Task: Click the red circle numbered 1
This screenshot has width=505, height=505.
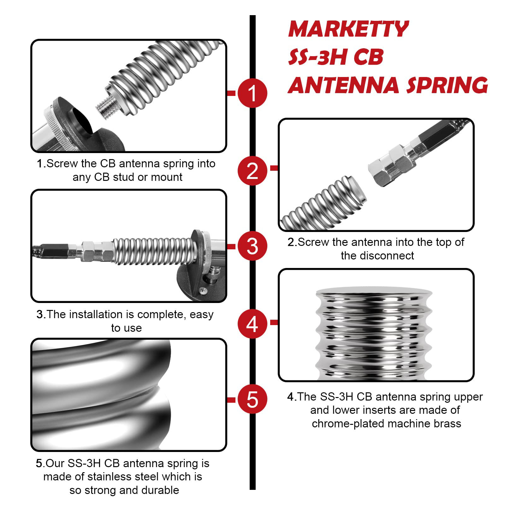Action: pos(252,93)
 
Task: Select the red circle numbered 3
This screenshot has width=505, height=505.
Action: pos(252,246)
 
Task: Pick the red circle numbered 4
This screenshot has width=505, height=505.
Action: pos(252,324)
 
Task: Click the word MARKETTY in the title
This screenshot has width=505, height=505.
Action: pos(348,29)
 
